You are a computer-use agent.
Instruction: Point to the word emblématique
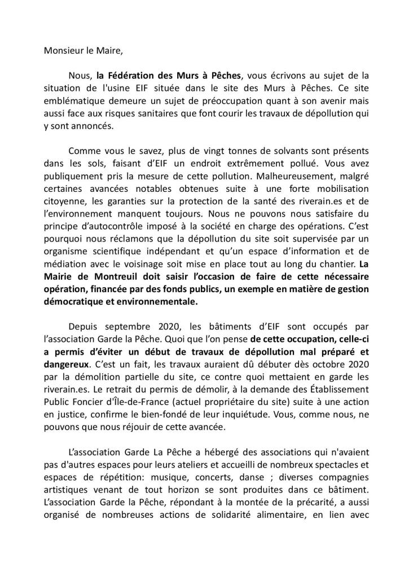coord(73,100)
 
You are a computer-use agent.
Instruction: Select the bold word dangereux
coord(67,365)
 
